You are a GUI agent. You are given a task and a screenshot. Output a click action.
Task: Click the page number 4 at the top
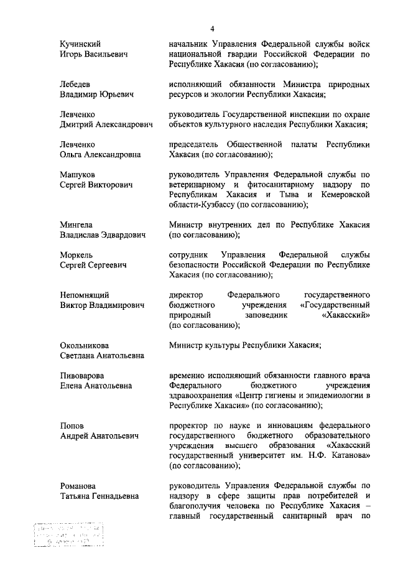pyautogui.click(x=211, y=29)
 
